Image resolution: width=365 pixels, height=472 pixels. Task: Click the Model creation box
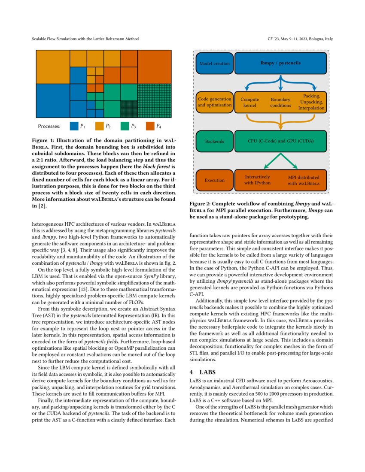point(214,64)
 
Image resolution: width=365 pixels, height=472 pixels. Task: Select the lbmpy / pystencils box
point(280,64)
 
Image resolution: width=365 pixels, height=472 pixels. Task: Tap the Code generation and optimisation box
point(214,102)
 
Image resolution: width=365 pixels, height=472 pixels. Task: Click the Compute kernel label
point(249,102)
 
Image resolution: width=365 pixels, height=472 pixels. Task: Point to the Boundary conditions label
point(280,102)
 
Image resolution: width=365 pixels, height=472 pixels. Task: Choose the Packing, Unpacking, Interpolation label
point(311,102)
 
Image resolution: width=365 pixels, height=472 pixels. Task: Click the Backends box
point(214,141)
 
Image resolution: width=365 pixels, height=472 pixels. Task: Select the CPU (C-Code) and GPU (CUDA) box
point(280,141)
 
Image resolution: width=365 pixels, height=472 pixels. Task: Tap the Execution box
point(214,180)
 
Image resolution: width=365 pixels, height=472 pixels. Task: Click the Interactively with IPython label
point(258,180)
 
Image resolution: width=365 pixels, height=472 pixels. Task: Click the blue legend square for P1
point(73,126)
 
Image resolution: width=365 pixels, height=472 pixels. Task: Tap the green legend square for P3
point(125,126)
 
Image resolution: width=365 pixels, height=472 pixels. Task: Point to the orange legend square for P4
point(150,126)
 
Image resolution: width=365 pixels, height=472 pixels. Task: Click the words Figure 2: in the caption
point(201,204)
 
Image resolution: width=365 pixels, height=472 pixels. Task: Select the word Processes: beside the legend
point(49,126)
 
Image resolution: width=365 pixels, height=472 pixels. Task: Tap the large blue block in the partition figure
point(52,101)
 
